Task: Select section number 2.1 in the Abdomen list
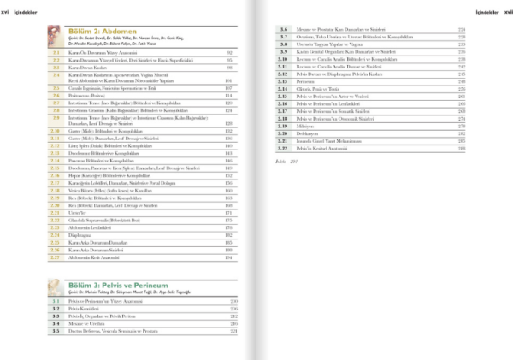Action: [56, 51]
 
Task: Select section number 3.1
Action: [56, 301]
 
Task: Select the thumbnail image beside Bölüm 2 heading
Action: [56, 35]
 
